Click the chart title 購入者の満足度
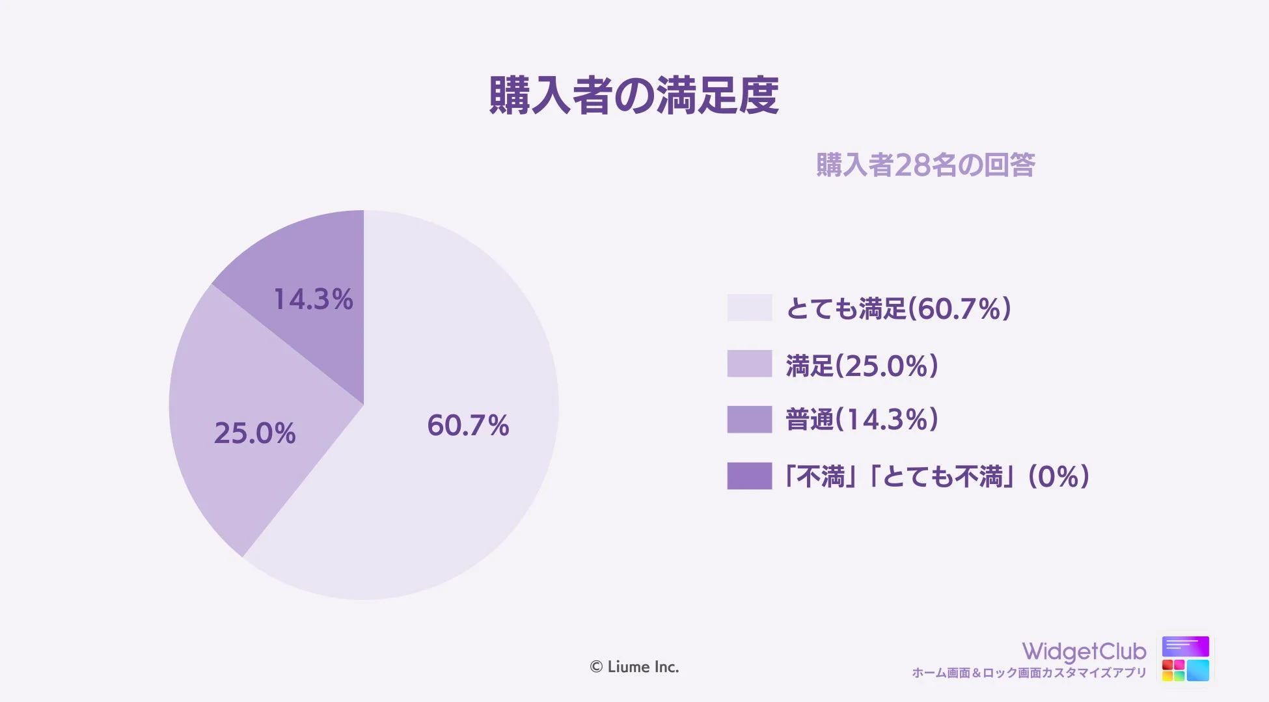click(634, 96)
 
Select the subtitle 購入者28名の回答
click(925, 165)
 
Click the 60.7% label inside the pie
click(468, 425)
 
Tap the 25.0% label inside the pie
click(254, 433)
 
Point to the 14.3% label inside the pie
click(313, 299)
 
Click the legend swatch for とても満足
click(749, 308)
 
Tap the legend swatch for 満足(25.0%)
click(749, 364)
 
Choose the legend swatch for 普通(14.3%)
click(749, 420)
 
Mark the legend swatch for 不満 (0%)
click(749, 476)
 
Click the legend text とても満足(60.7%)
click(899, 308)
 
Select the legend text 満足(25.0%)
click(862, 365)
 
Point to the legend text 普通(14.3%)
click(862, 420)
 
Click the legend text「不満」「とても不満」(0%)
click(938, 476)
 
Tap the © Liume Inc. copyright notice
click(634, 667)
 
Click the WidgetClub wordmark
click(1084, 651)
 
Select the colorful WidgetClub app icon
click(1185, 658)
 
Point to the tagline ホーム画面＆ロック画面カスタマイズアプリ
click(1029, 673)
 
